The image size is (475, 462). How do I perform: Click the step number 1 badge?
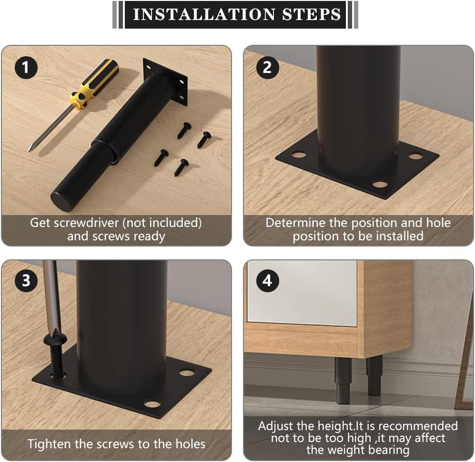pyautogui.click(x=26, y=67)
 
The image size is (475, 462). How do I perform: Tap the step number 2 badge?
pyautogui.click(x=267, y=67)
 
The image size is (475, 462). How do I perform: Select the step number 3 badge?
pyautogui.click(x=26, y=281)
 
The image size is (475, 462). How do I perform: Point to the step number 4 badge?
pyautogui.click(x=267, y=281)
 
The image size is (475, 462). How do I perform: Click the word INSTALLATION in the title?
pyautogui.click(x=204, y=14)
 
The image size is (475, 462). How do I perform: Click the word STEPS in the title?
pyautogui.click(x=312, y=14)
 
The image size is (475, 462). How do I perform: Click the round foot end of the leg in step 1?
pyautogui.click(x=62, y=200)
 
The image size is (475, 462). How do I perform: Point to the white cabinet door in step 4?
pyautogui.click(x=302, y=293)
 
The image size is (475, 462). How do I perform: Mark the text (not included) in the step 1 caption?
pyautogui.click(x=162, y=223)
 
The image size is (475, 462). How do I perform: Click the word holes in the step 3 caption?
pyautogui.click(x=190, y=444)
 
